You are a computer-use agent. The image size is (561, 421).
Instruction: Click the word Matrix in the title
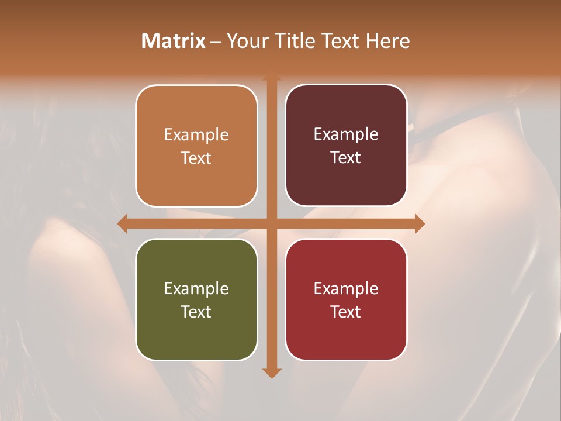point(174,41)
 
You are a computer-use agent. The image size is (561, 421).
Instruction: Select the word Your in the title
point(246,41)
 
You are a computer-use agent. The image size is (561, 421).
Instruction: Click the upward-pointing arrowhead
point(271,77)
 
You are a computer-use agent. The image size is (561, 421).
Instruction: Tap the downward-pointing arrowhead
point(271,373)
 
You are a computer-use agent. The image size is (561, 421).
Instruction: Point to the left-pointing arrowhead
point(122,223)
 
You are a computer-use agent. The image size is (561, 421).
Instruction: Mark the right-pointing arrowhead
point(420,223)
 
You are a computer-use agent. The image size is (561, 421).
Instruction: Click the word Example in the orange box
point(196,135)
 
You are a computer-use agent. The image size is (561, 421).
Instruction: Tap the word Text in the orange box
point(196,158)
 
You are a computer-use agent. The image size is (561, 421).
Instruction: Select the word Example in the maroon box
point(346,134)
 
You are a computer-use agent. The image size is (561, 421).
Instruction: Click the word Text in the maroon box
point(346,158)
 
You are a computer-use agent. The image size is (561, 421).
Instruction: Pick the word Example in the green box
point(196,289)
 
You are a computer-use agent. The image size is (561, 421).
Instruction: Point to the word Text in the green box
point(196,312)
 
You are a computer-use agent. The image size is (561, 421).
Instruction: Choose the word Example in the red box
point(346,289)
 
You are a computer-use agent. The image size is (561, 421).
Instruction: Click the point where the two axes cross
point(271,223)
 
